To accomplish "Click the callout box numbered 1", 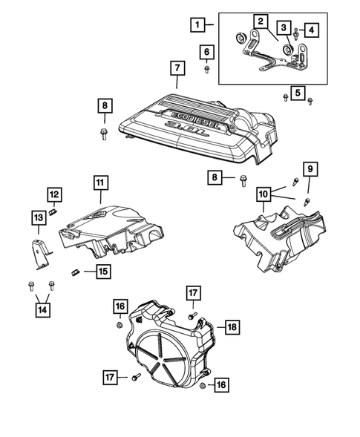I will [x=197, y=25].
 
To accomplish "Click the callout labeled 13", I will [x=37, y=217].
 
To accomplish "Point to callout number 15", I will [x=102, y=272].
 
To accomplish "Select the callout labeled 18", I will [x=231, y=326].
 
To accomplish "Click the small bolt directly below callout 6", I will [x=206, y=70].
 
